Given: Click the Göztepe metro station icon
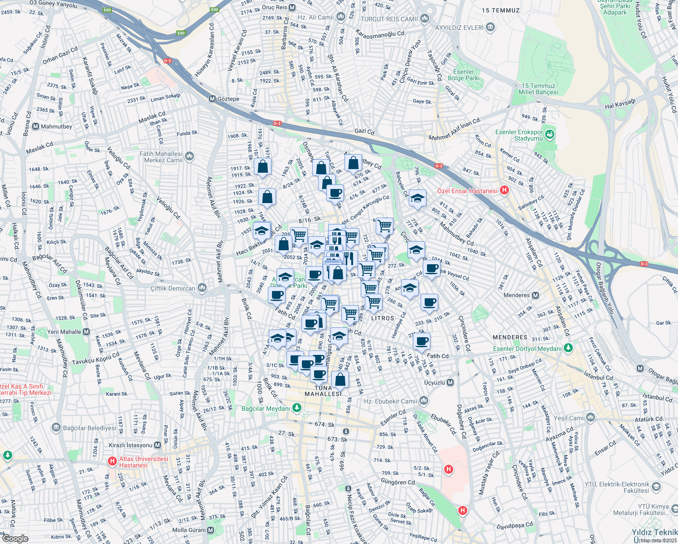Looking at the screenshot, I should pos(212,99).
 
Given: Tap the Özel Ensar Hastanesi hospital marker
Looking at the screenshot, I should pos(504,191).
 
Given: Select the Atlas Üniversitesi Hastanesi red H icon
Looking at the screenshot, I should pos(112,461).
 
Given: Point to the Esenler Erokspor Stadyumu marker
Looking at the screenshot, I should pos(550,135).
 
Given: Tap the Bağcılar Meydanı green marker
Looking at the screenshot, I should pos(297,408).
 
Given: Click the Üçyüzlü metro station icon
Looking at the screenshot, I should pos(450,383).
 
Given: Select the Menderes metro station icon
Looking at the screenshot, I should pos(535,295).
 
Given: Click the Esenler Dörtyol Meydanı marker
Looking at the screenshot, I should pos(569,349).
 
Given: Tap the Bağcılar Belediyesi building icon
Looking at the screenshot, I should pos(56,427).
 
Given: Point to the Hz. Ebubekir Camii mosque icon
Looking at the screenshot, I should pos(424,401).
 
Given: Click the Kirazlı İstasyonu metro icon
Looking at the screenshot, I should pos(158,445).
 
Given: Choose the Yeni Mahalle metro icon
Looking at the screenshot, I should pos(87,332).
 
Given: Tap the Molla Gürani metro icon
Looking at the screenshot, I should pos(211,530).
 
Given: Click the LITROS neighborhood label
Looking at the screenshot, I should pos(383,318).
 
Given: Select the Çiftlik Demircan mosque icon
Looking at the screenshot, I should pos(202,288).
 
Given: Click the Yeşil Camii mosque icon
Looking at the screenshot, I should pos(590,418).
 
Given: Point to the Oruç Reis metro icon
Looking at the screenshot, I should pos(292,7).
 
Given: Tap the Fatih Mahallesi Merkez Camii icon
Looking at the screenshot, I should pos(189,156).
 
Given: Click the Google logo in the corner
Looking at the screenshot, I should pos(15,539).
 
